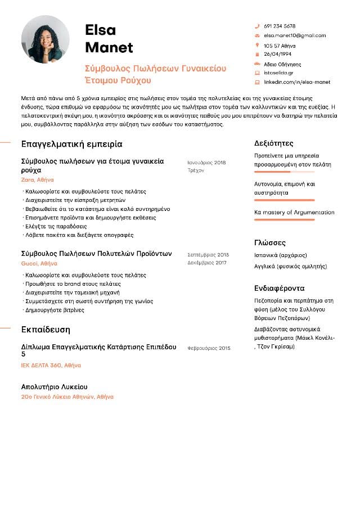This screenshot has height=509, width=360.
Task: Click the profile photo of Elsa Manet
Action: [x=46, y=39]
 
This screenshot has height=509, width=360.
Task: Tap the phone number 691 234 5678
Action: [x=280, y=26]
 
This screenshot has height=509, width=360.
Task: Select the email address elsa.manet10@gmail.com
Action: [x=295, y=35]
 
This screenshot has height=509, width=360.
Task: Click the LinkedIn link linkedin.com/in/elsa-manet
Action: [x=297, y=82]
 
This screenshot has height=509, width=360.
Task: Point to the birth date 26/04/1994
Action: [x=277, y=55]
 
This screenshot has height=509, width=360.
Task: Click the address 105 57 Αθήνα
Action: [x=280, y=46]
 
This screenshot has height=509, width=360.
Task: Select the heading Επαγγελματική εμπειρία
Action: [x=71, y=144]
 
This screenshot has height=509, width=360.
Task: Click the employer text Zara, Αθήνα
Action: [x=37, y=180]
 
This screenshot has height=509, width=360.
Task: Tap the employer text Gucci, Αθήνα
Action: [x=39, y=263]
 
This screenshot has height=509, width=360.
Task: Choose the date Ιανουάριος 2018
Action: [x=206, y=163]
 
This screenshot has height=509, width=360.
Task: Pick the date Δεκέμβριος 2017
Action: [x=207, y=263]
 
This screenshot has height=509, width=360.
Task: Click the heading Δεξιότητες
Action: [x=273, y=143]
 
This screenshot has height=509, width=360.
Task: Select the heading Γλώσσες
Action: [x=270, y=243]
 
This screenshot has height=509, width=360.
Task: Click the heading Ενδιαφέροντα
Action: [x=279, y=288]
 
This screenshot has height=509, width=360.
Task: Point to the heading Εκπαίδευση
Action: [x=46, y=329]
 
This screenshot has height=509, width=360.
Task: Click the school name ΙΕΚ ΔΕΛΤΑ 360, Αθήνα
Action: [x=51, y=365]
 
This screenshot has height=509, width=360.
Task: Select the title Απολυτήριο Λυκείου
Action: [x=54, y=387]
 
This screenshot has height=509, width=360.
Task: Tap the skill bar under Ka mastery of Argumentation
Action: [x=285, y=220]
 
